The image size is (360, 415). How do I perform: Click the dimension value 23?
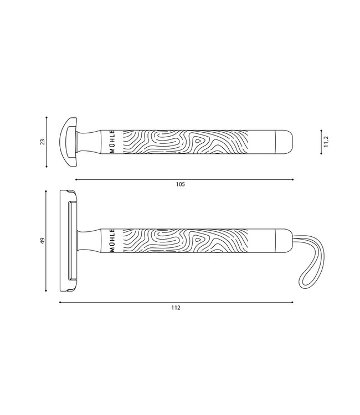(42, 142)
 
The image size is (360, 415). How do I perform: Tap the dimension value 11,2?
(327, 142)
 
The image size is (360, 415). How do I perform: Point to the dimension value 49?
(42, 241)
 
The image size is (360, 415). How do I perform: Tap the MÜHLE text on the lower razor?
(113, 241)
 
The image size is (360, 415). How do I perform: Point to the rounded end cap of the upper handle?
(285, 142)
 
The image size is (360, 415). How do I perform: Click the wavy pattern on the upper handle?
(183, 142)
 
